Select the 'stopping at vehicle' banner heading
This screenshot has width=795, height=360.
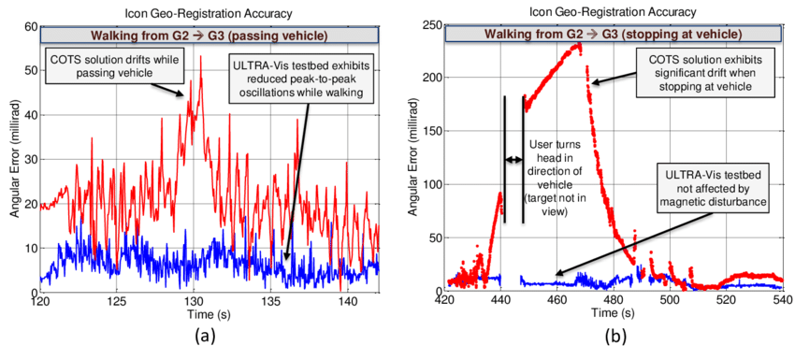[x=613, y=35]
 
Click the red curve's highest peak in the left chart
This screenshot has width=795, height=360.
[x=200, y=57]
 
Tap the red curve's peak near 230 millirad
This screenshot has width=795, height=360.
[x=579, y=44]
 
